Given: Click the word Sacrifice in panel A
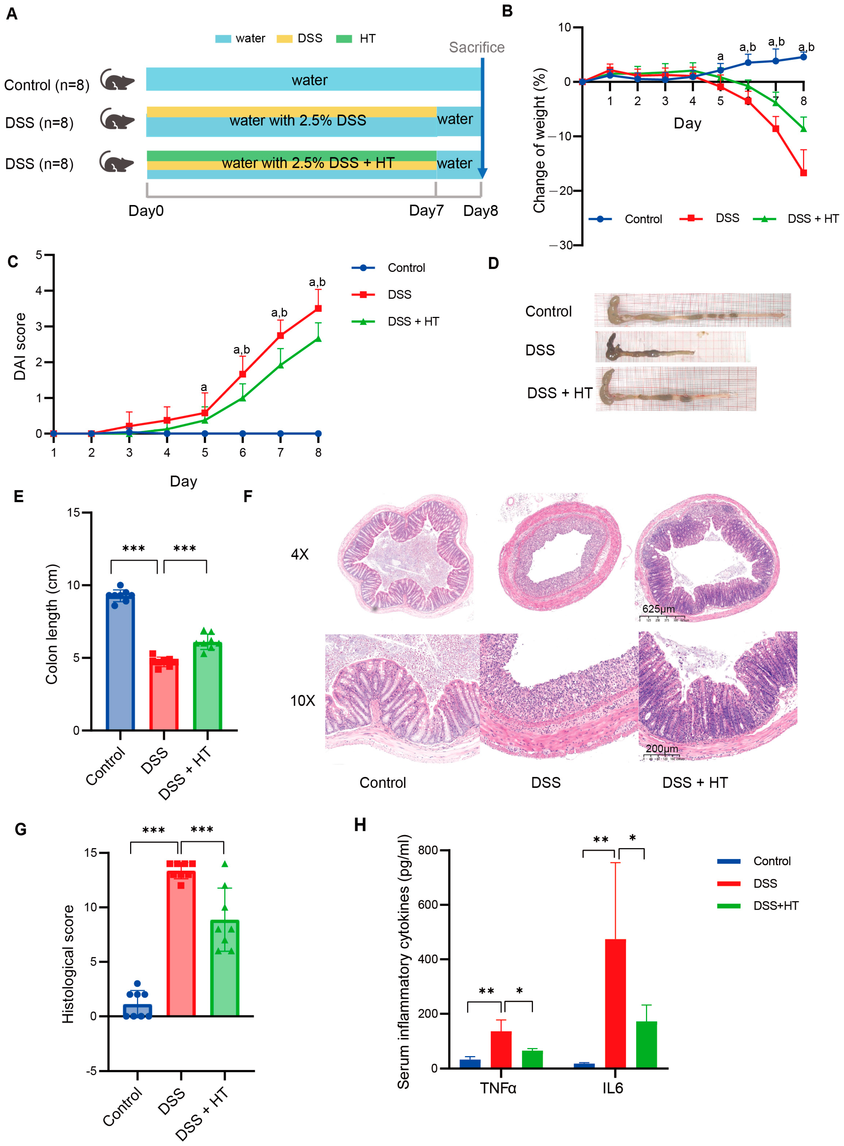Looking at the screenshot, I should point(476,48).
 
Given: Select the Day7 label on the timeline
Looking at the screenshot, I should point(426,210).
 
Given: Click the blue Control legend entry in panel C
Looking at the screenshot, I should point(388,267).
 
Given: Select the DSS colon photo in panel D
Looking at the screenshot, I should point(669,347).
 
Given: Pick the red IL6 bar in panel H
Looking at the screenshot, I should point(615,1003).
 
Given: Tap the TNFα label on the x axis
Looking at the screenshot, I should point(498,1088).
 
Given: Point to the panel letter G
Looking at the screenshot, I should point(20,829).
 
